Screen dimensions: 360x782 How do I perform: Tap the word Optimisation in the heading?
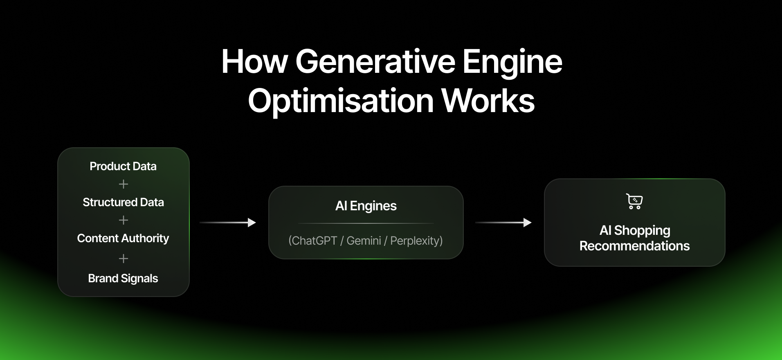point(341,101)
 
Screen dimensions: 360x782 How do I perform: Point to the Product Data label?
point(123,166)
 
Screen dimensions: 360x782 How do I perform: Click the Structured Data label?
point(123,202)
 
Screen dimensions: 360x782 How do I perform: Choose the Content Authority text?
point(123,238)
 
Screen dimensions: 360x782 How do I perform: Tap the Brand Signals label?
point(123,278)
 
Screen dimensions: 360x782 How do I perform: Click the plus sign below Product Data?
point(124,184)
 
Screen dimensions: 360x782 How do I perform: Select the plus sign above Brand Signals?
point(124,259)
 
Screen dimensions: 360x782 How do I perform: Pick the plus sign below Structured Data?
point(124,220)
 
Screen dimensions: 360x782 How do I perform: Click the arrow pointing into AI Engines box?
point(228,223)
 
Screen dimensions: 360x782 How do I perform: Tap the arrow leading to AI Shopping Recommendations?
point(503,223)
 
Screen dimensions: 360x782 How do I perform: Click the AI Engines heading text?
point(366,206)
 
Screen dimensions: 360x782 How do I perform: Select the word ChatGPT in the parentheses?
point(314,241)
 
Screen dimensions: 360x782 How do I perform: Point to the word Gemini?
point(364,241)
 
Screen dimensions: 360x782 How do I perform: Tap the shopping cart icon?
point(634,201)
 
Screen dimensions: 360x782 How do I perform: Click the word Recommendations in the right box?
point(634,246)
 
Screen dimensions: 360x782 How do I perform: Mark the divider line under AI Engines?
point(366,223)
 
